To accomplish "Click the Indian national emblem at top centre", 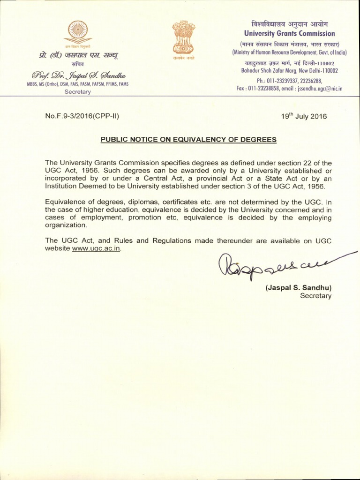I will (183, 37).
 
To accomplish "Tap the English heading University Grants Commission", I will (289, 33).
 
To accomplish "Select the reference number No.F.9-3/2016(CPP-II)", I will (85, 116).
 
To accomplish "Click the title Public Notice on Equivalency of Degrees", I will (189, 139).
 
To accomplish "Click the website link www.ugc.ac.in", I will (96, 248).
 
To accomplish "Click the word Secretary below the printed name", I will (315, 296).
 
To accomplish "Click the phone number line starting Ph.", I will (289, 80).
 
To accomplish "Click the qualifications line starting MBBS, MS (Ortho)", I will (78, 84).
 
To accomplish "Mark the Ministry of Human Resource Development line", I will (289, 52).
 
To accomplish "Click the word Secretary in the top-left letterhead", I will (78, 92).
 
